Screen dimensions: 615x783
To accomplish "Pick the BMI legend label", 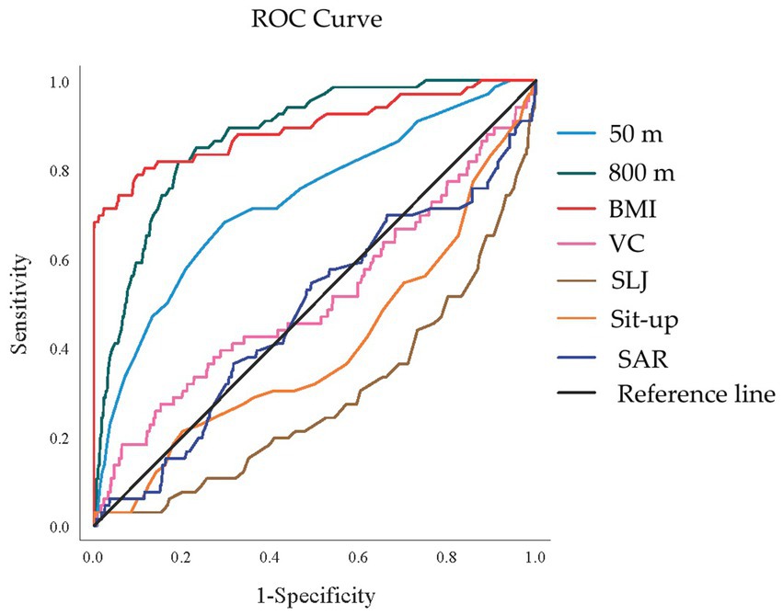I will coord(637,210).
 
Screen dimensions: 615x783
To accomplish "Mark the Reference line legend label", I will coord(696,394).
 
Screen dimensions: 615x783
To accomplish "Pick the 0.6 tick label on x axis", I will coord(359,557).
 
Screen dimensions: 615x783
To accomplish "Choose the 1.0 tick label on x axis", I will coord(535,557).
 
